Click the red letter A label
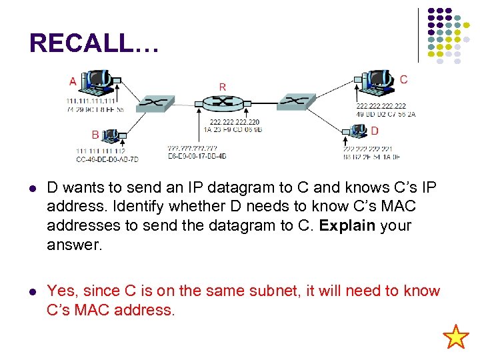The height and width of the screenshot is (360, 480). pyautogui.click(x=73, y=82)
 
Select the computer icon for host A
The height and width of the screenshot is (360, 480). pyautogui.click(x=97, y=81)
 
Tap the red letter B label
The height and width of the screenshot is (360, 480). pyautogui.click(x=95, y=135)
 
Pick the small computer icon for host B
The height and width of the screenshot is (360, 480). pyautogui.click(x=110, y=136)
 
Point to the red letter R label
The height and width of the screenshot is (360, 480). pyautogui.click(x=223, y=87)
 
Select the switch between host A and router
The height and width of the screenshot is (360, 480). pyautogui.click(x=155, y=103)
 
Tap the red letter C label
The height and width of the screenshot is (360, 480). pyautogui.click(x=403, y=79)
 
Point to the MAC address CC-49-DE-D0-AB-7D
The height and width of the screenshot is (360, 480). pyautogui.click(x=107, y=159)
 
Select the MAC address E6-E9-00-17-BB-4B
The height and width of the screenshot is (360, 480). pyautogui.click(x=197, y=155)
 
